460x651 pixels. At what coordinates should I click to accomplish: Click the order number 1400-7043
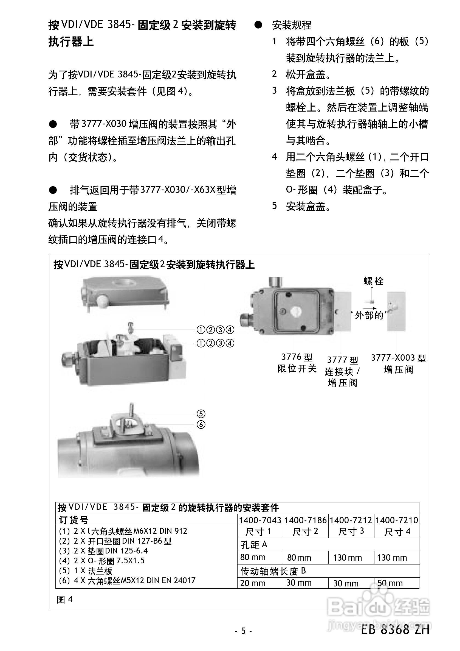(260, 520)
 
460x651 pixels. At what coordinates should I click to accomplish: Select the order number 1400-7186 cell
(305, 520)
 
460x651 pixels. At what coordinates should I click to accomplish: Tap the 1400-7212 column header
(351, 520)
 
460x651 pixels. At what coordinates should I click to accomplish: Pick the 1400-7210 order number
(397, 520)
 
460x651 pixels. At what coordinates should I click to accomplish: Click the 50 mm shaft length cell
(390, 583)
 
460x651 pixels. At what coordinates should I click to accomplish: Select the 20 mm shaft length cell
(253, 583)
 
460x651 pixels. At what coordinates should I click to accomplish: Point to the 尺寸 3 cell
(351, 531)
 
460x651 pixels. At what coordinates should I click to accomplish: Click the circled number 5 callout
(201, 414)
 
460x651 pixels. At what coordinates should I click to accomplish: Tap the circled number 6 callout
(201, 425)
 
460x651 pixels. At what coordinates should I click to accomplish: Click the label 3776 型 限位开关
(297, 363)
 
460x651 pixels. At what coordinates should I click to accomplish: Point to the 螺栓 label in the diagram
(373, 281)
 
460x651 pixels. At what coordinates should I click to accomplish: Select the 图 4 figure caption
(64, 599)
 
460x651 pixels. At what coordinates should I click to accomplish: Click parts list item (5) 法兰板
(86, 571)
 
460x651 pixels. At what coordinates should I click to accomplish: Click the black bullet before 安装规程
(258, 25)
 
